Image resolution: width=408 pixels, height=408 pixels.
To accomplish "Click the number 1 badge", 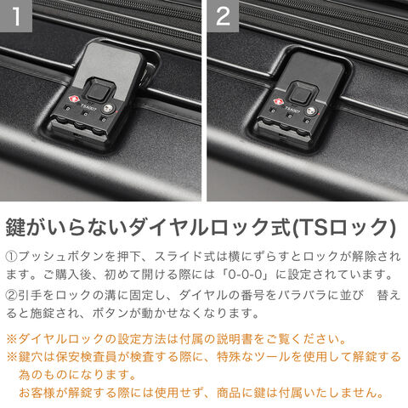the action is (16, 16).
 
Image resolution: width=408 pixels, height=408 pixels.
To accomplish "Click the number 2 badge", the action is (223, 16).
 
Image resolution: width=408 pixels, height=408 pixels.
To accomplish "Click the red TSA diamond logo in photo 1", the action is (73, 99).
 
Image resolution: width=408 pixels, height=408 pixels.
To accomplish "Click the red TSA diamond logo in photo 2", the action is (278, 101).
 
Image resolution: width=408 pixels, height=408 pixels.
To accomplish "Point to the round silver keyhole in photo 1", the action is (108, 109).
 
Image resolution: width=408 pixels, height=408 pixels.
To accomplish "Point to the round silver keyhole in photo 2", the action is (312, 110).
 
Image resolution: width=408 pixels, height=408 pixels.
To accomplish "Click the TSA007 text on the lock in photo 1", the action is (88, 107).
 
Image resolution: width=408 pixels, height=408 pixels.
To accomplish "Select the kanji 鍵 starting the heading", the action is (16, 227).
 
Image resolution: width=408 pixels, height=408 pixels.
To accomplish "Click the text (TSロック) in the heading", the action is (343, 227).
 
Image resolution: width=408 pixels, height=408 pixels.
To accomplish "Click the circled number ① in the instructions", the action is (12, 257).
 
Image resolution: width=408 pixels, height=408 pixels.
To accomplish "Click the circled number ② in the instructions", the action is (12, 296).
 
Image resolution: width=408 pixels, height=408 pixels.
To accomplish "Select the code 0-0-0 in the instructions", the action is (245, 275).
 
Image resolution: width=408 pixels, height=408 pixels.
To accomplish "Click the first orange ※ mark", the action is (12, 339).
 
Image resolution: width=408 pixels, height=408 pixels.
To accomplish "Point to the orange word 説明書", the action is (235, 339).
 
